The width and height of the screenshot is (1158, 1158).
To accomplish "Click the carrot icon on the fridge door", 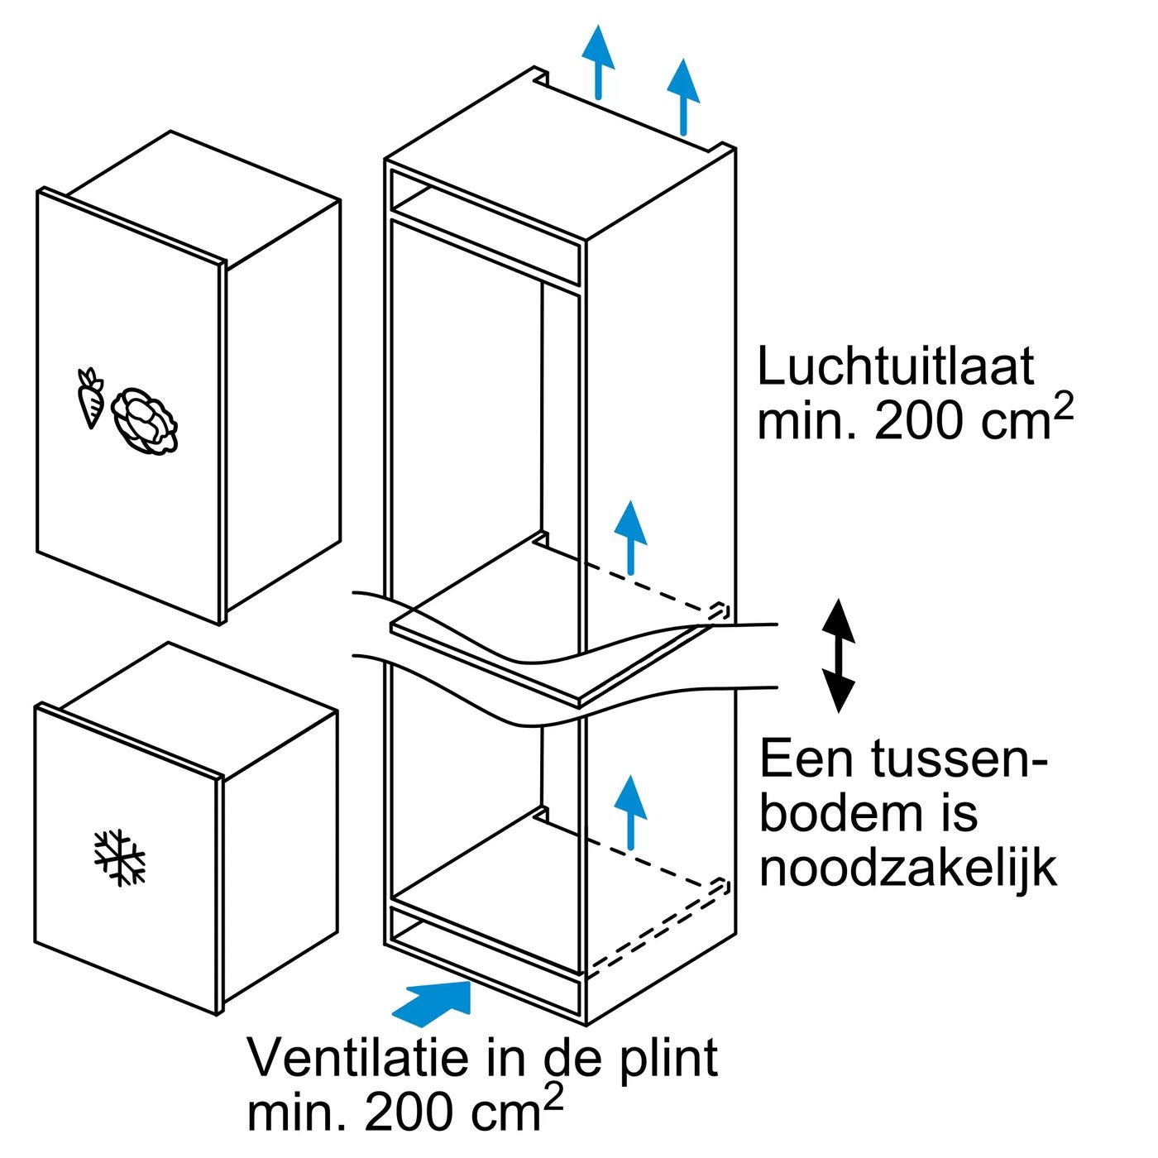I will pos(89,398).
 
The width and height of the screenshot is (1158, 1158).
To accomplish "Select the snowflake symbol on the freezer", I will pos(120,857).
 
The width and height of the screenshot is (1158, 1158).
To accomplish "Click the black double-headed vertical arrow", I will pos(839,655).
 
